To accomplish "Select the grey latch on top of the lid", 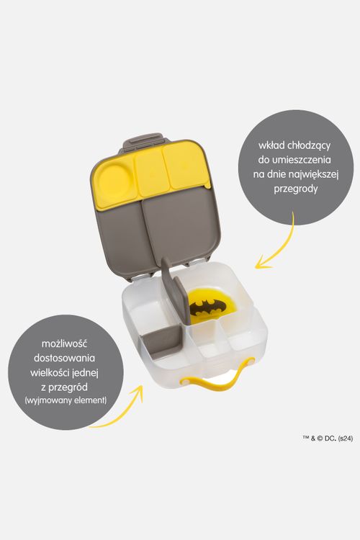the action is coord(143,141).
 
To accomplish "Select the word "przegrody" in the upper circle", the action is coord(296,189).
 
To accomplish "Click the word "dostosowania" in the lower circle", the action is coord(64,358).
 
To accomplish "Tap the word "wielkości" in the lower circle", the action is coord(50,373).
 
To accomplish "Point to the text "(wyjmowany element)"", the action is coord(66,400).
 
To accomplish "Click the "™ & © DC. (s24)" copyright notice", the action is coord(328,438).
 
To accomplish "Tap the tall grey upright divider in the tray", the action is coord(176,291).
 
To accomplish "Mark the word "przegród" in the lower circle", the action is coord(69,387).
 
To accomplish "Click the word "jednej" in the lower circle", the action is coord(86,373).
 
